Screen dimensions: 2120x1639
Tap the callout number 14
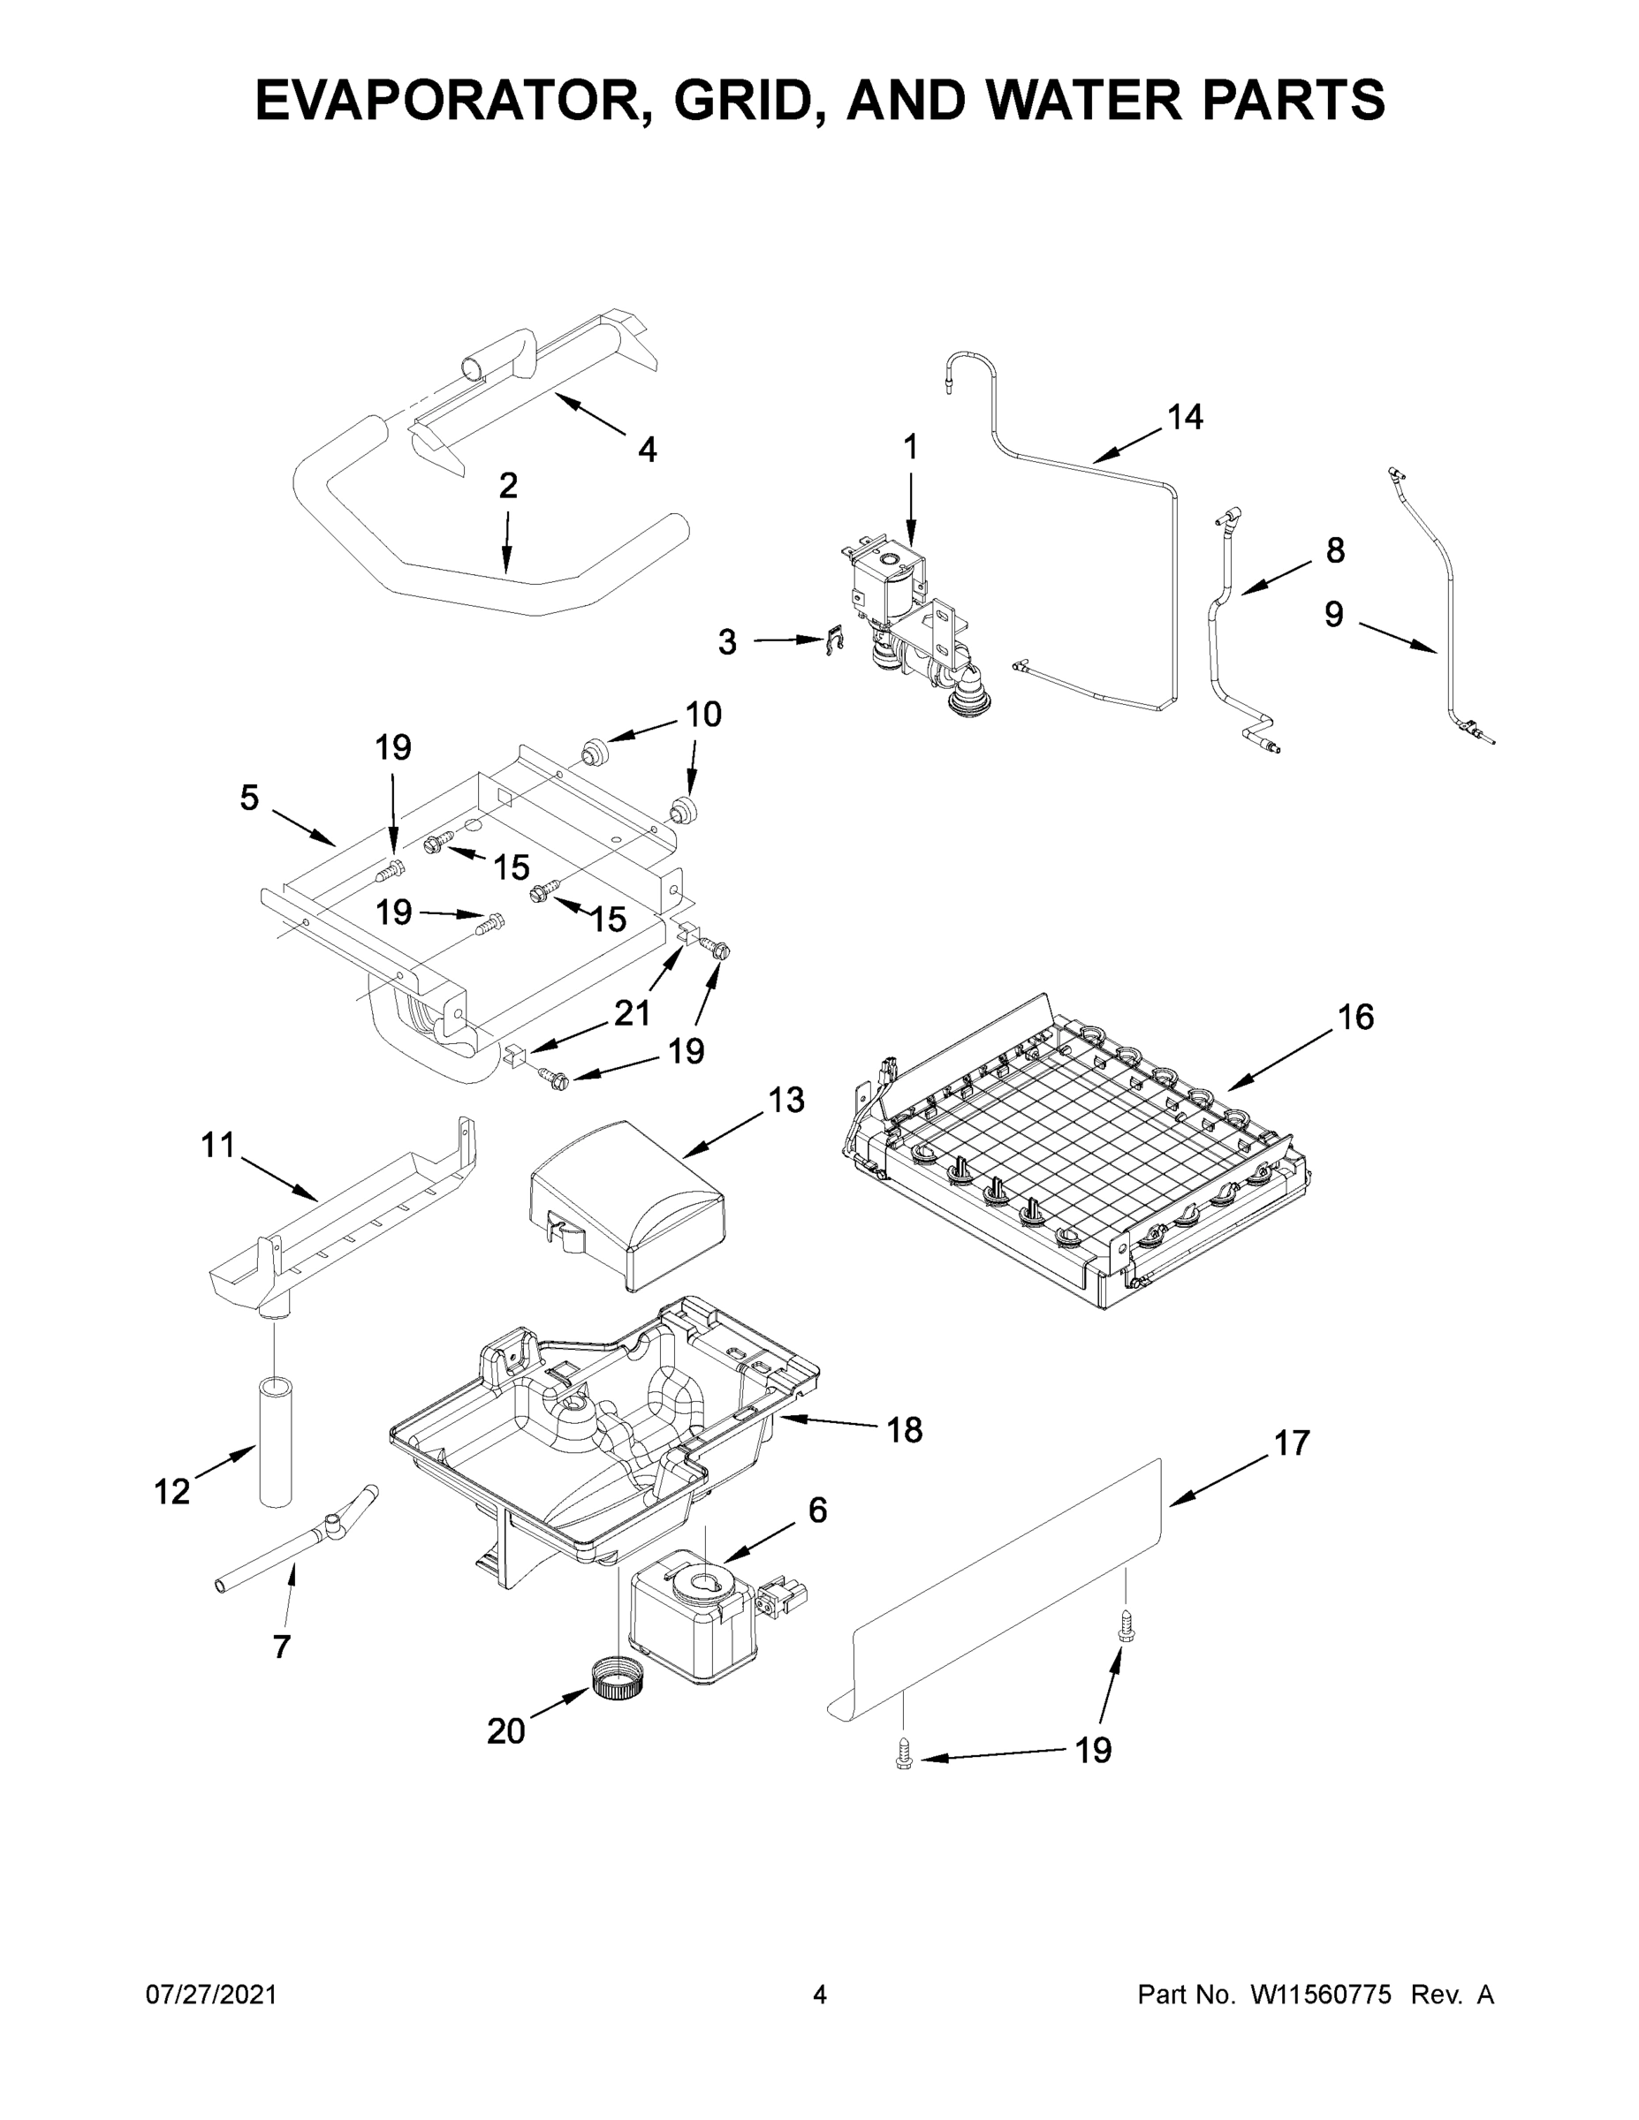tap(1185, 418)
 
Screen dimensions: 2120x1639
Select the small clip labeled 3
tap(833, 641)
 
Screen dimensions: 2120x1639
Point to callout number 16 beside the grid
tap(1355, 1018)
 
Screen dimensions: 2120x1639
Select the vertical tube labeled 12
tap(277, 1441)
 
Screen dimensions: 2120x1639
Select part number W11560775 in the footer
tap(1321, 1995)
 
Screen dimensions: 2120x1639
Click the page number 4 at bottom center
tap(820, 1995)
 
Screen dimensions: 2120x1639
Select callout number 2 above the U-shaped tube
tap(508, 485)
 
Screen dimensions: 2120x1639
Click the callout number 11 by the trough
tap(218, 1146)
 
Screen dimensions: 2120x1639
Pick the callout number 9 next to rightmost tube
tap(1333, 614)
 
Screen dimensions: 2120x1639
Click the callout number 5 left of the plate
tap(249, 798)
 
